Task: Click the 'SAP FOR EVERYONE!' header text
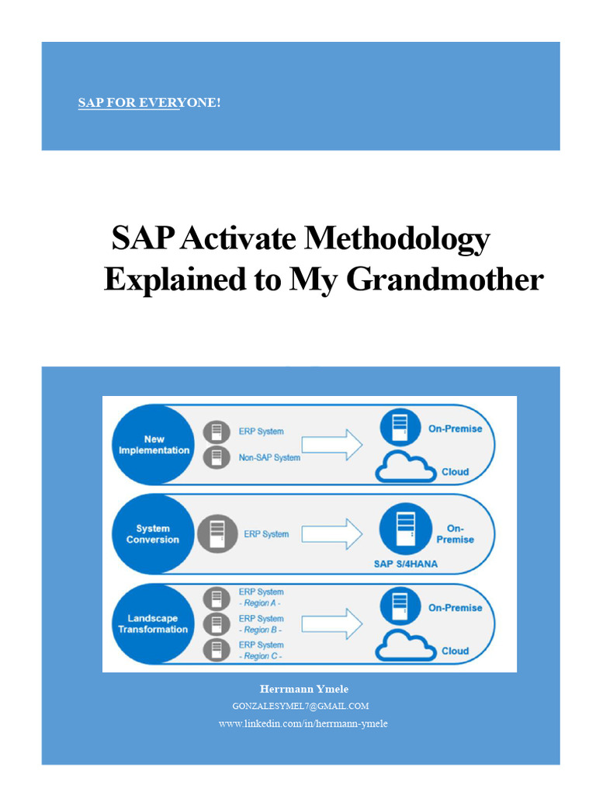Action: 149,103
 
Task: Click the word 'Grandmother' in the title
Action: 445,280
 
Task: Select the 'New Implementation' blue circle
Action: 154,445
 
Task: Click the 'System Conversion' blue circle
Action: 153,534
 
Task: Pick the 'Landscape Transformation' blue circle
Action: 153,624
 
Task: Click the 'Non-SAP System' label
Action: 269,457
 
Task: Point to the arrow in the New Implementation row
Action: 331,445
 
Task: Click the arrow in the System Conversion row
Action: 331,534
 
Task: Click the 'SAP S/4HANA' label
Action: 405,564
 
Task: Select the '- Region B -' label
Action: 260,630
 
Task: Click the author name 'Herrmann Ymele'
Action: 299,689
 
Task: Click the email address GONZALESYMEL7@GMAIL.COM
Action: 300,706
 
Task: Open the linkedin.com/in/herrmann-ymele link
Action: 303,724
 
